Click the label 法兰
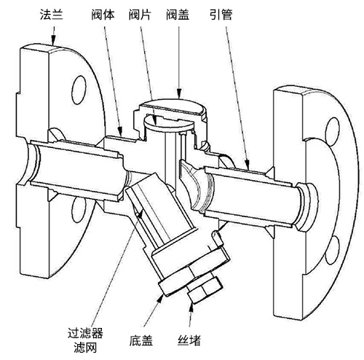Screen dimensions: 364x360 (x=52, y=15)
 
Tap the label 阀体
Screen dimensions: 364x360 (x=103, y=15)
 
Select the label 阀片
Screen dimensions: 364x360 (x=140, y=15)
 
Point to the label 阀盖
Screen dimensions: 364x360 (x=178, y=15)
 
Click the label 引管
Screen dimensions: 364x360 (x=221, y=15)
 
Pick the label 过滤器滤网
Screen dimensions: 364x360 (x=85, y=339)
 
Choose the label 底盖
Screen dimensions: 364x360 (x=141, y=340)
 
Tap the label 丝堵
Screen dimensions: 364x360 (x=189, y=340)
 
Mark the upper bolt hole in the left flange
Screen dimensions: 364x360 (x=79, y=90)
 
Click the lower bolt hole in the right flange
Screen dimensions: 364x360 (x=332, y=250)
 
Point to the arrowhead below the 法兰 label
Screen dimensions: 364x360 (x=53, y=40)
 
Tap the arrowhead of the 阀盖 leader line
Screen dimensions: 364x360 (x=179, y=93)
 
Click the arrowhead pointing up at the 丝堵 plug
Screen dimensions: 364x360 (x=191, y=308)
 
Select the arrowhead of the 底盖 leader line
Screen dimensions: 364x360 (x=160, y=298)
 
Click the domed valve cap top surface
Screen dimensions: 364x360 (x=173, y=106)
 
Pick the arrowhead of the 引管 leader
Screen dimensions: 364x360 (x=247, y=164)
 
